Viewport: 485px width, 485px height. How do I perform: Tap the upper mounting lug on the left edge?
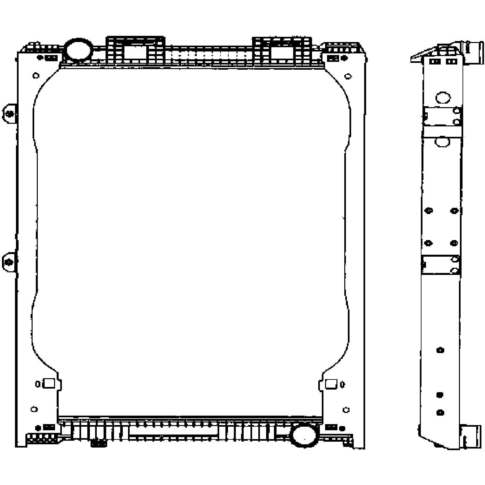point(10,114)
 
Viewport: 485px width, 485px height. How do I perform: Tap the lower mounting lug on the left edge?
point(9,262)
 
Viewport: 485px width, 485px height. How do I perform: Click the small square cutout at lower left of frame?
point(49,383)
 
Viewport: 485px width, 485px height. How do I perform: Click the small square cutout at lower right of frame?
point(331,384)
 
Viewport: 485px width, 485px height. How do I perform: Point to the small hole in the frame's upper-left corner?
point(36,76)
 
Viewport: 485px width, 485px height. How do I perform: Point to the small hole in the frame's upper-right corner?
point(348,77)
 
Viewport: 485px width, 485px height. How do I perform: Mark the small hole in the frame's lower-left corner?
point(34,409)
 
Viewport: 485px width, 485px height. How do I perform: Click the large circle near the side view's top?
point(443,97)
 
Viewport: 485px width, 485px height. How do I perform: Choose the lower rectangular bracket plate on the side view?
point(440,264)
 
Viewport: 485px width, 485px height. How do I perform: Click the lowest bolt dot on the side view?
point(440,413)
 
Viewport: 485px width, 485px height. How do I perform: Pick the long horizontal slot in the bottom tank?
point(173,431)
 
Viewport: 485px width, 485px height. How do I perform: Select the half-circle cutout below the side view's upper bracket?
point(442,141)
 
